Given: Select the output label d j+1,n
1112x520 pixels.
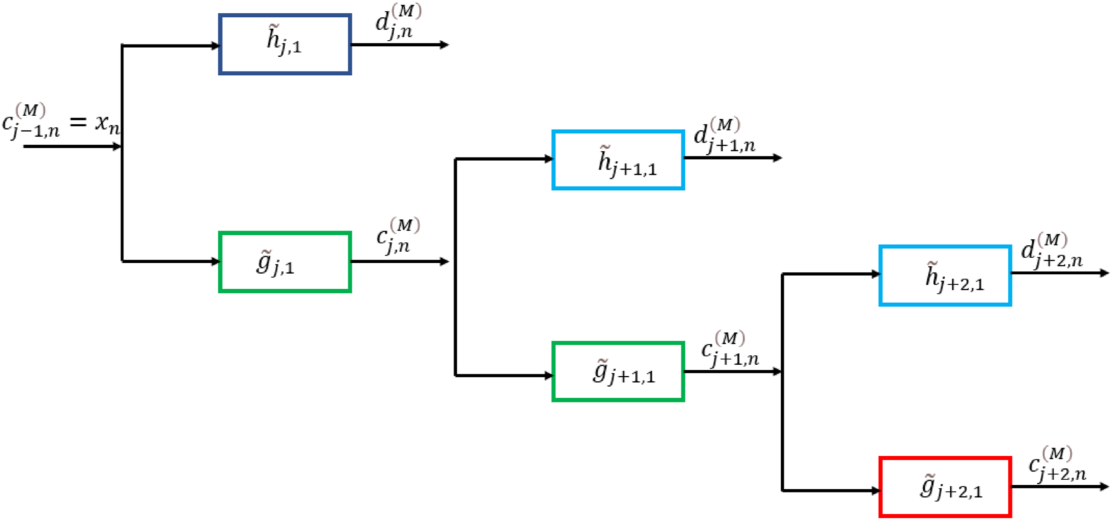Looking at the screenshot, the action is [x=724, y=135].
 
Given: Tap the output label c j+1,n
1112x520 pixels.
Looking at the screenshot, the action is [x=729, y=349].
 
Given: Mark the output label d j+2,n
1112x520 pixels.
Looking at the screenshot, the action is [x=1052, y=251].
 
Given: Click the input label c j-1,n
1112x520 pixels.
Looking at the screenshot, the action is [x=31, y=121].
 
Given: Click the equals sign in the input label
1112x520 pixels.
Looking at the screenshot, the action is [x=78, y=122].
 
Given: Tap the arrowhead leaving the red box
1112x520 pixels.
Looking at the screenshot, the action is [x=1104, y=487].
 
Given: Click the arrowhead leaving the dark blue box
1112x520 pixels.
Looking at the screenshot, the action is [x=445, y=44].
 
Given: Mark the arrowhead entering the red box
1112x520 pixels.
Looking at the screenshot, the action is [x=876, y=491].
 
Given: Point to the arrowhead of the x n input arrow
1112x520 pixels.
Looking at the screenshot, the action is [x=117, y=147].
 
